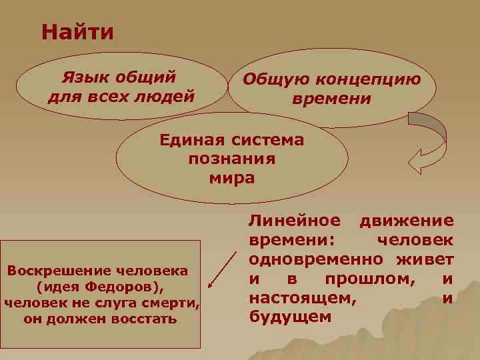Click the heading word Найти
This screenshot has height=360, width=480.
click(77, 32)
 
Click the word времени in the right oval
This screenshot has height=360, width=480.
click(331, 99)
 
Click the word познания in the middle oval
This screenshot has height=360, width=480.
click(232, 159)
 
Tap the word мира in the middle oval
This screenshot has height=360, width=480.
click(232, 178)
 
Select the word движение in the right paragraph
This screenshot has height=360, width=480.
click(406, 221)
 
